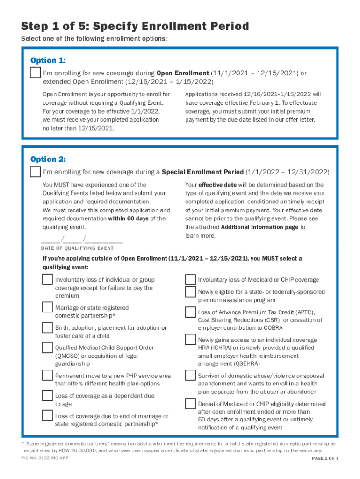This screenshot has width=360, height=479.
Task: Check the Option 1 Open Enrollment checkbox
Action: tap(35, 73)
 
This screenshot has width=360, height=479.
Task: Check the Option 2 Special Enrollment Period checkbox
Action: tap(35, 172)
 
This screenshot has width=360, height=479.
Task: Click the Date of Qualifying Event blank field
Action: tap(82, 240)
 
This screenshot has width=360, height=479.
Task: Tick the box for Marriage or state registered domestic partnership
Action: tap(47, 307)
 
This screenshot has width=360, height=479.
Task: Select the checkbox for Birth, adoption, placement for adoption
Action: tap(47, 327)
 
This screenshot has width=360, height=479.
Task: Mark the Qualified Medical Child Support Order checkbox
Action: tap(47, 348)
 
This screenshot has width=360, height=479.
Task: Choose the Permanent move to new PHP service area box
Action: tap(47, 375)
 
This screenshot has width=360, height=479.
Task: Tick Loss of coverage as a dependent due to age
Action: tap(47, 396)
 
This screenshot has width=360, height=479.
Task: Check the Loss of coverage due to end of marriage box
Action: tap(47, 415)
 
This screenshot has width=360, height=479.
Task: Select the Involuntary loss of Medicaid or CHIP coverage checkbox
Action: tap(190, 280)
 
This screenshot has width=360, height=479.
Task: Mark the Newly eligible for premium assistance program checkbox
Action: tap(190, 292)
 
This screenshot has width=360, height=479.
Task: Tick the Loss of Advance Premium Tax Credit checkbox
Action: tap(190, 312)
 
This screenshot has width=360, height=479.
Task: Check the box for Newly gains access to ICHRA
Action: tap(190, 340)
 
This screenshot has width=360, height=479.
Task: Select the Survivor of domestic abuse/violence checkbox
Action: tap(190, 376)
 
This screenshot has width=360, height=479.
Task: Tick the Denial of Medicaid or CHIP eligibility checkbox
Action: tap(190, 404)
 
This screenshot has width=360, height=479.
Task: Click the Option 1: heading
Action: tap(48, 60)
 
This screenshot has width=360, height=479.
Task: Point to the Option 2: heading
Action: tap(48, 159)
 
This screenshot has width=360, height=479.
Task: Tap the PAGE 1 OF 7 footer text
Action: tap(325, 458)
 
